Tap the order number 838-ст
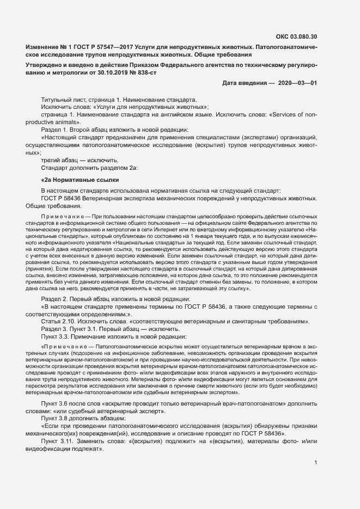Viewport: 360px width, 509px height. pos(143,72)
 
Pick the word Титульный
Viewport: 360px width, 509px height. pos(56,101)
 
